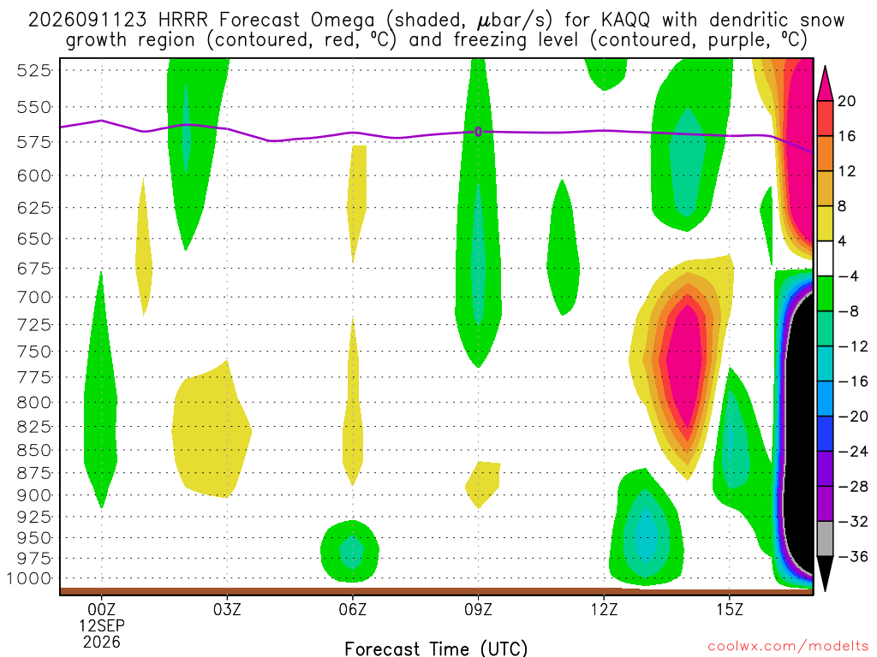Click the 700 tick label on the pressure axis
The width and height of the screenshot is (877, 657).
point(33,297)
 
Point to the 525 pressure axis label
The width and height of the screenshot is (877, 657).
point(33,70)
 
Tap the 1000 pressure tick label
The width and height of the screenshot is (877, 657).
point(29,578)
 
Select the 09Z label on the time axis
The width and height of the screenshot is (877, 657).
point(478,609)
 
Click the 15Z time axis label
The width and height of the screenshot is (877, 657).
point(730,609)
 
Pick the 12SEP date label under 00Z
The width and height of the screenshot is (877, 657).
point(102,625)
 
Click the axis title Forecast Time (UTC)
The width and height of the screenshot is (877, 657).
point(436,648)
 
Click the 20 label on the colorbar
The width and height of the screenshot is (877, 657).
point(846,101)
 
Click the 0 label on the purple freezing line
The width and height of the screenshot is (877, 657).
point(478,132)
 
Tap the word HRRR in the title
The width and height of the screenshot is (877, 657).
point(183,21)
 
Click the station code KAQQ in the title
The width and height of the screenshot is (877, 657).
point(626,21)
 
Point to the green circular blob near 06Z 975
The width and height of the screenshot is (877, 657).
point(350,551)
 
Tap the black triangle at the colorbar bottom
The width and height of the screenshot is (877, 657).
point(825,572)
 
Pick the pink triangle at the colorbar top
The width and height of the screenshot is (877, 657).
point(825,85)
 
